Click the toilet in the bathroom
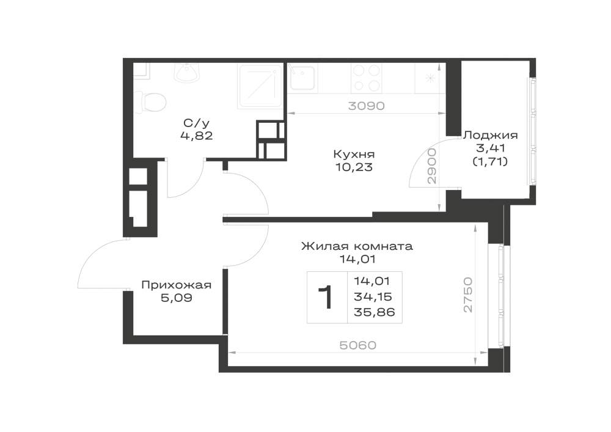point(153,102)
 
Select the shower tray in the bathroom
point(260,87)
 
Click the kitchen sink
point(302,78)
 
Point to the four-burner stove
point(367,78)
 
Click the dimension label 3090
point(366,106)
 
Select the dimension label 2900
point(432,166)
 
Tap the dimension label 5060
point(357,345)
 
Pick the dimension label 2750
point(468,295)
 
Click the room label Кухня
point(354,154)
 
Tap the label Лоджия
point(490,135)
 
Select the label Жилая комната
point(357,246)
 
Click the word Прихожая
point(176,285)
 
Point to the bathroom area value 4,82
point(196,136)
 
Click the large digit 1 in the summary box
point(326,297)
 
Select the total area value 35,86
point(375,312)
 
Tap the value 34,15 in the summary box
point(373,297)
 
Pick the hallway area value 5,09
point(177,298)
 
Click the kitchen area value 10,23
point(354,167)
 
